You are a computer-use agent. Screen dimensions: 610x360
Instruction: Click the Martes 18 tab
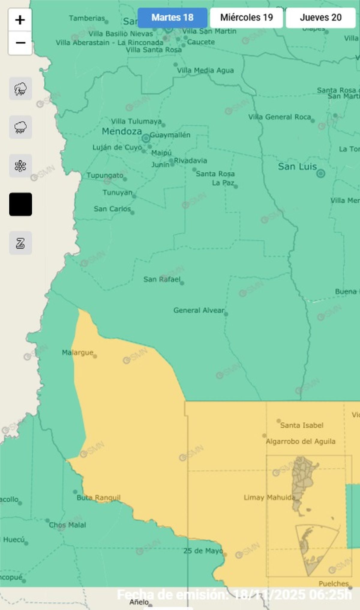pos(172,18)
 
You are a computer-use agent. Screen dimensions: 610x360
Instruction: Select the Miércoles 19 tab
pos(246,18)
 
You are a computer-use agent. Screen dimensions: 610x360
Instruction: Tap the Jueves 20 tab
pos(320,18)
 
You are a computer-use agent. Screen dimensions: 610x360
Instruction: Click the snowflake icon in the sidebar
pos(20,166)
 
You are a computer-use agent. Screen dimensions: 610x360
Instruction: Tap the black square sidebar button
pos(20,204)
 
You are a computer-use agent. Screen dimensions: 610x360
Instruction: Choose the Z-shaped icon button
pos(20,243)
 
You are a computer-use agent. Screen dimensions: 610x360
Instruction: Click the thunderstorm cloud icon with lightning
pos(20,89)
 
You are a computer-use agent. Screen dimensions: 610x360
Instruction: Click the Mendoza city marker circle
pos(146,138)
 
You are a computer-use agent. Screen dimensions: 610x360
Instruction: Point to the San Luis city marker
pos(321,173)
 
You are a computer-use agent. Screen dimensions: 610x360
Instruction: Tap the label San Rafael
pos(162,280)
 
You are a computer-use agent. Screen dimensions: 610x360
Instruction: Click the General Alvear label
pos(199,310)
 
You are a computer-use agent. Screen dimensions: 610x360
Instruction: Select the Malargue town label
pos(77,352)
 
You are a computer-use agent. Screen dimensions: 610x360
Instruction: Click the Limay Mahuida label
pos(269,498)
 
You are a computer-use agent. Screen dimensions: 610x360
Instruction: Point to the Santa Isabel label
pos(301,425)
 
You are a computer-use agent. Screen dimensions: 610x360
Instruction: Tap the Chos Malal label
pos(67,525)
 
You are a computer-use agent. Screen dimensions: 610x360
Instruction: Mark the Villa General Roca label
pos(279,117)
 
